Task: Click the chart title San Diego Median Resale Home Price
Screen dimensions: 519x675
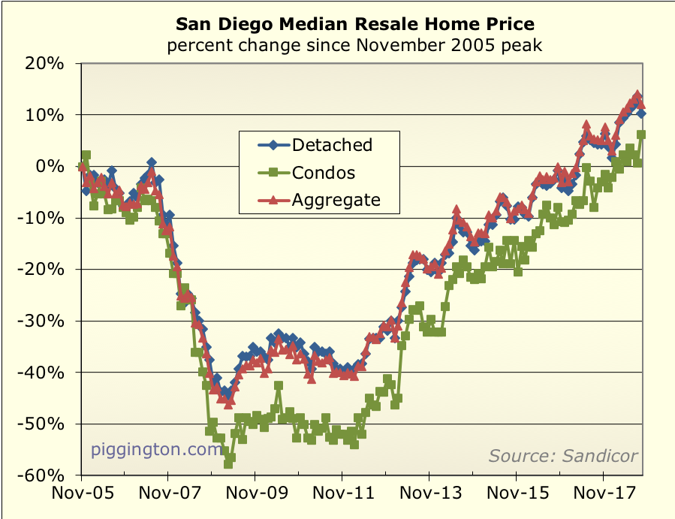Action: point(354,23)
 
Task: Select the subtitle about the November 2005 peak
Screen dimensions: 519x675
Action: point(354,46)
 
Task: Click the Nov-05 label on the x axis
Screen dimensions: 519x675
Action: point(80,496)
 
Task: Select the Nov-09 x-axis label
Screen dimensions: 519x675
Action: point(255,496)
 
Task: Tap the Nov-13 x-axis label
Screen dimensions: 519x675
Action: point(429,496)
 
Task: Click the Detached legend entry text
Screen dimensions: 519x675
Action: point(332,144)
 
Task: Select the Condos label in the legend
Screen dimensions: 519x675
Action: point(324,173)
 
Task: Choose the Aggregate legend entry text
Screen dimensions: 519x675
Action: point(336,200)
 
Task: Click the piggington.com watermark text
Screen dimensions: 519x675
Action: point(158,450)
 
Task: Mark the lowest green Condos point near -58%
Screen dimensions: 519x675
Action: point(228,464)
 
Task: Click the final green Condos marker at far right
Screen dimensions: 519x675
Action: point(641,135)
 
